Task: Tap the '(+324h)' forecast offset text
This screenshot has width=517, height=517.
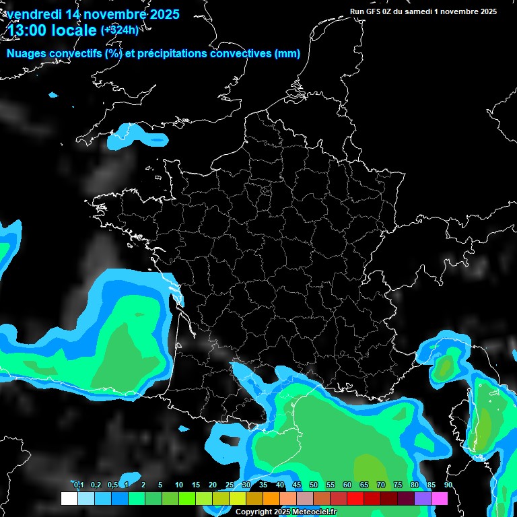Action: click(119, 30)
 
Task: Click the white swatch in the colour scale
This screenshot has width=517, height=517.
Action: click(69, 499)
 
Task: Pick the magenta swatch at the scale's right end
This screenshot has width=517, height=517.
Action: click(439, 499)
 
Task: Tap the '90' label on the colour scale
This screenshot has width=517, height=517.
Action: click(448, 485)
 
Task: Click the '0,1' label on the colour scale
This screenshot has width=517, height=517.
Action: click(78, 485)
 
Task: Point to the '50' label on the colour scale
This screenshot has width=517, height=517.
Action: click(314, 485)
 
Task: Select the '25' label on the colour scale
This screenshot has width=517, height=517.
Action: click(230, 485)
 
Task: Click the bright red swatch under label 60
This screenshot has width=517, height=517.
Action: click(355, 499)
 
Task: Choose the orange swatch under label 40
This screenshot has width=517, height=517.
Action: click(271, 499)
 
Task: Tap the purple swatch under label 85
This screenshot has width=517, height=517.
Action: click(422, 499)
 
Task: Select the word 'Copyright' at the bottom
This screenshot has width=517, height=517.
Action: click(253, 512)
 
